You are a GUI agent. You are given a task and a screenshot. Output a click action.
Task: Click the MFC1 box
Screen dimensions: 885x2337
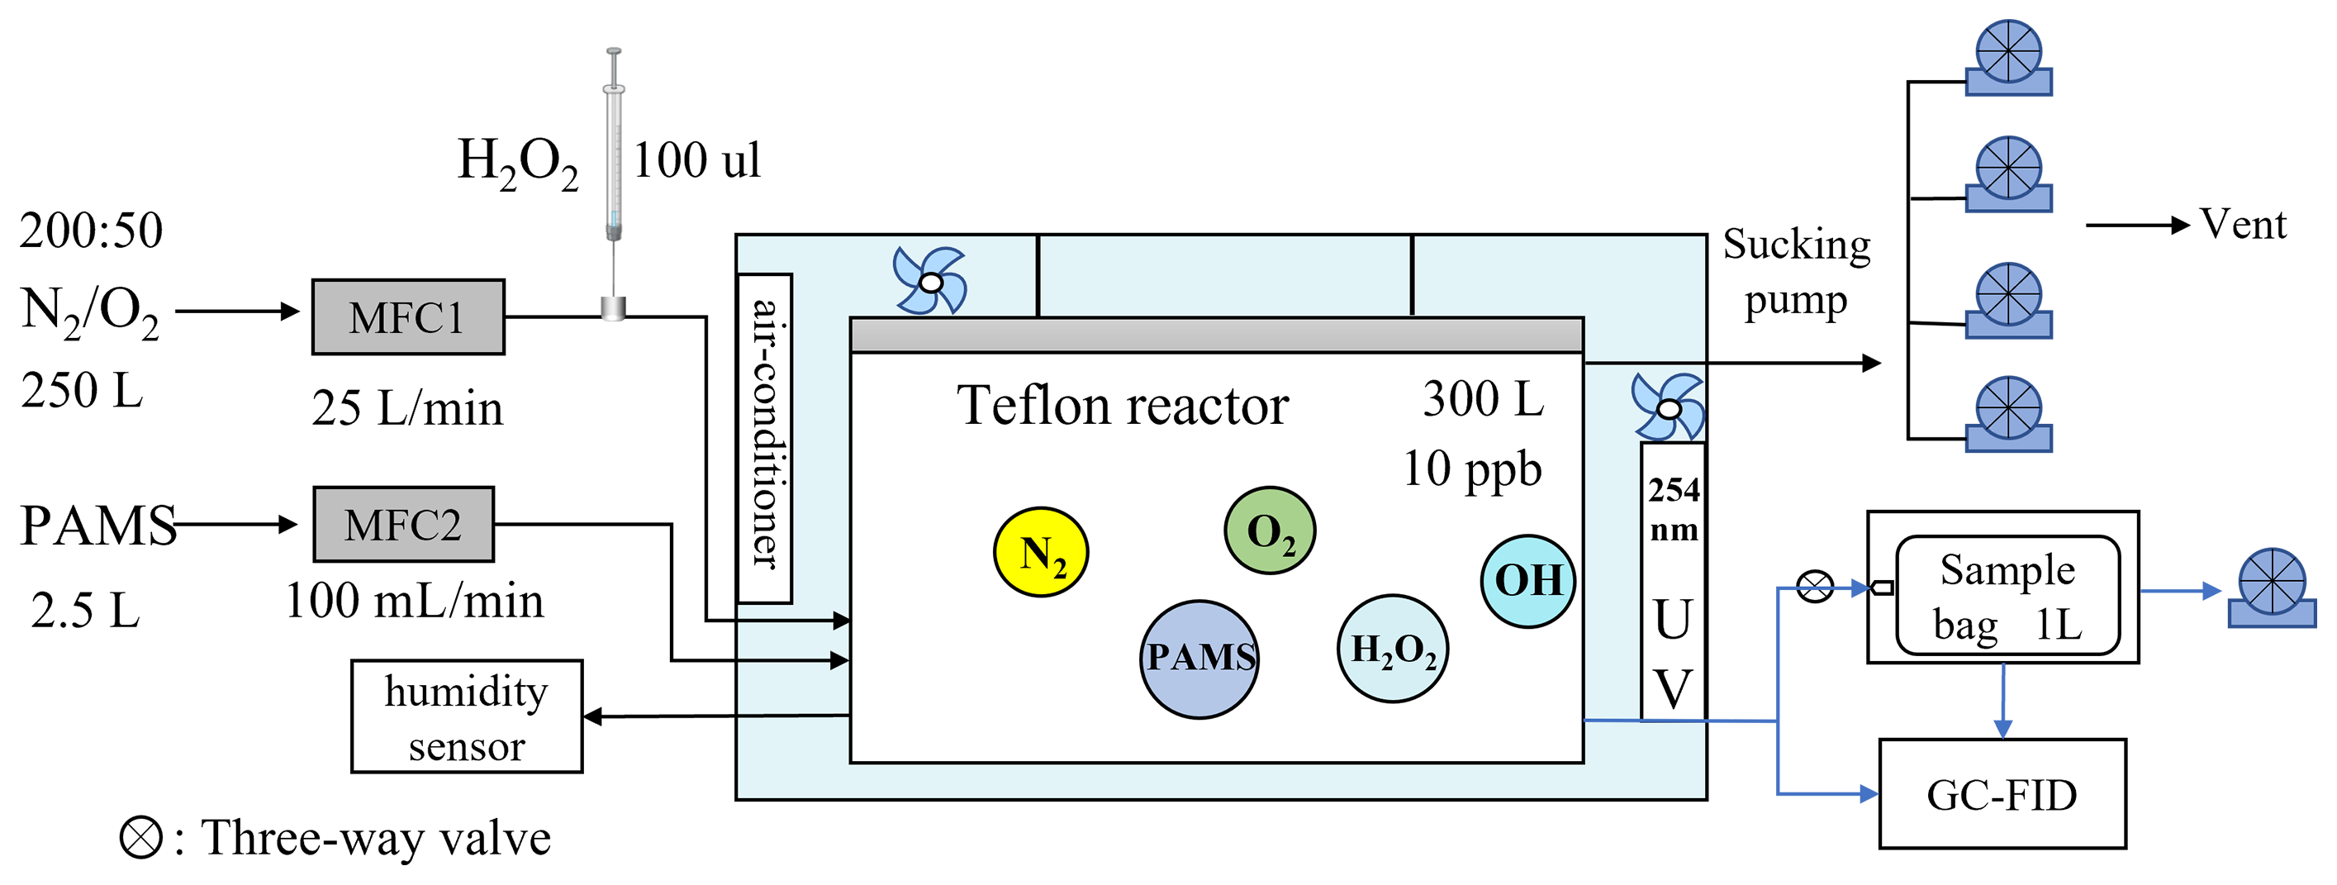point(407,316)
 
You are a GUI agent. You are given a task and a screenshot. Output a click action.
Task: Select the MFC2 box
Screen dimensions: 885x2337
point(403,525)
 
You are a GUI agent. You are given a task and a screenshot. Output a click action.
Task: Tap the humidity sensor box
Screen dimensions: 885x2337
point(466,716)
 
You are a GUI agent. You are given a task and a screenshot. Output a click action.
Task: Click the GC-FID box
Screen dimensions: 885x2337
point(2002,794)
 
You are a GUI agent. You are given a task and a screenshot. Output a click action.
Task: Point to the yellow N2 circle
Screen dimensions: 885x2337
point(1041,552)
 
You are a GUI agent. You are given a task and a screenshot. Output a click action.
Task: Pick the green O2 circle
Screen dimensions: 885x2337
point(1269,531)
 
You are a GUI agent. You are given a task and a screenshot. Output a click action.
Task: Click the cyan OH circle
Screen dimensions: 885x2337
point(1527,581)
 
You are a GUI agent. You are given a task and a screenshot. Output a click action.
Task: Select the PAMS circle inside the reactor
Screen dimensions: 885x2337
point(1199,658)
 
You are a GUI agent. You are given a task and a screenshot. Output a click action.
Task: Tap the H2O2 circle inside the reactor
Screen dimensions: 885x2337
point(1393,648)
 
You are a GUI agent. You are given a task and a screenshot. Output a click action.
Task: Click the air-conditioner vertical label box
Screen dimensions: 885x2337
point(765,437)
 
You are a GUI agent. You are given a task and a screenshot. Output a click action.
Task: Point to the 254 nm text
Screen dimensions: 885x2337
point(1673,509)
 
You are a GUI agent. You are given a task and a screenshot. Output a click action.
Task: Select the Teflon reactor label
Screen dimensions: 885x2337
point(1122,405)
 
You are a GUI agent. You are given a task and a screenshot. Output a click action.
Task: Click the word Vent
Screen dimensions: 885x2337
point(2243,224)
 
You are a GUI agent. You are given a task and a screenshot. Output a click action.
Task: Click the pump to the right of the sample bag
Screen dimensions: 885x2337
point(2271,588)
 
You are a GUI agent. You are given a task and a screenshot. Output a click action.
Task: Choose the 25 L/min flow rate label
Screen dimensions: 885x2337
point(407,408)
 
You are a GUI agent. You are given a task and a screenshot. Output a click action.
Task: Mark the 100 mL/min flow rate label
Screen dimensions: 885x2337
point(415,601)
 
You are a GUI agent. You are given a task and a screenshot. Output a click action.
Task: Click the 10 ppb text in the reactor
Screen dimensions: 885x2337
point(1471,469)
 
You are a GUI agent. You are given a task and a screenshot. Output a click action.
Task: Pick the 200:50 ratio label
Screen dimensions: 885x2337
point(91,230)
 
